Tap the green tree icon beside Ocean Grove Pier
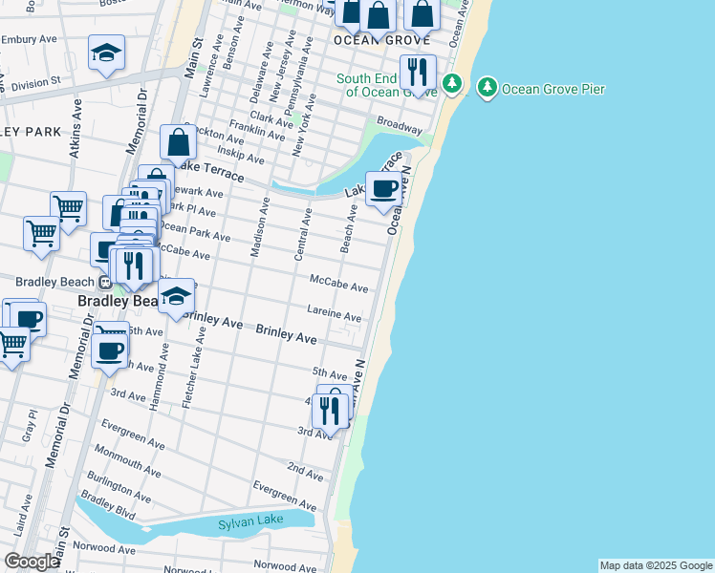pos(487,89)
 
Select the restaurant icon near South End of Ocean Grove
pos(417,72)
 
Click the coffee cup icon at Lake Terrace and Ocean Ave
pos(384,188)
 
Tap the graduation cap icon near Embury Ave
pos(106,53)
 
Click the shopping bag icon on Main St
pos(179,142)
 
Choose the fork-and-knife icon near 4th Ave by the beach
pos(329,411)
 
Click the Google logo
pos(32,562)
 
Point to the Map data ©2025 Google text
pos(656,565)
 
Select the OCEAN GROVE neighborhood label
pos(378,42)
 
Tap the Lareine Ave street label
pos(334,313)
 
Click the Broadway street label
pos(400,125)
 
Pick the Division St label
pos(36,83)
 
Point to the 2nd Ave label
pos(305,471)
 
